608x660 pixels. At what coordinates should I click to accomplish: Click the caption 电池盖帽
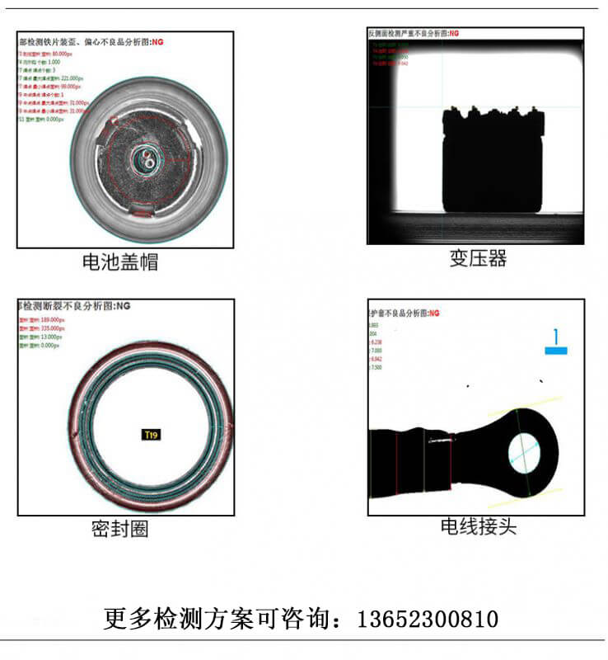pos(120,262)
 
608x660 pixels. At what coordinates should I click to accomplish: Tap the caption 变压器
pos(478,258)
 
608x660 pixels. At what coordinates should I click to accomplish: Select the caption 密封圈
pos(120,529)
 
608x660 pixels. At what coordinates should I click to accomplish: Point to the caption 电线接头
pos(478,526)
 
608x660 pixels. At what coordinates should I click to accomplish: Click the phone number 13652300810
pos(427,619)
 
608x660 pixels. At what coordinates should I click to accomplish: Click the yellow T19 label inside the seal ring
pos(151,434)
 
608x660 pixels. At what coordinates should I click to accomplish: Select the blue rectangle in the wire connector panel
pos(556,351)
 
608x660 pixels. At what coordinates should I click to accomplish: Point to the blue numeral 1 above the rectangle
pos(556,337)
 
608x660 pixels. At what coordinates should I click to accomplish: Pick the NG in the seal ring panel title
pos(123,306)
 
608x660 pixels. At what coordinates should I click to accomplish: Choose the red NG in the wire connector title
pos(434,313)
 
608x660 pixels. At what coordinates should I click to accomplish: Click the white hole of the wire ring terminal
pos(521,452)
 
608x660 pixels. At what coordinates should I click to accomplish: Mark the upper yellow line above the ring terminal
pos(527,403)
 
